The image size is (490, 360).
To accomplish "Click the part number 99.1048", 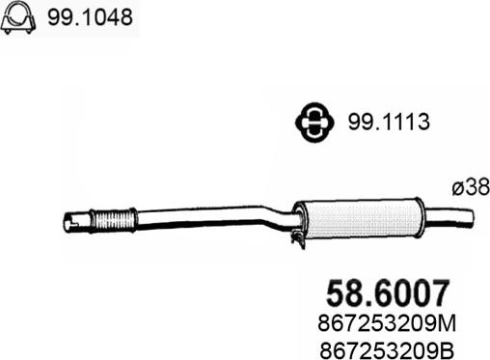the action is (x=90, y=17).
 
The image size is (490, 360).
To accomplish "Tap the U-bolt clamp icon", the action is (x=18, y=17).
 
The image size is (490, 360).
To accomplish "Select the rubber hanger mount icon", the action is (x=314, y=122).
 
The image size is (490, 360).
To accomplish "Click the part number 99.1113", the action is (x=389, y=122).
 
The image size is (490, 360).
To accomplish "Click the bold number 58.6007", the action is (x=387, y=293).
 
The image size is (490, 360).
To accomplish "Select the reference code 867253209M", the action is (x=387, y=323).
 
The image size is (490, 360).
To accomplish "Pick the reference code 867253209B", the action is (x=386, y=349).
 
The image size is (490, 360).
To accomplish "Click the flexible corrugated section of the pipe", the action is (x=113, y=220).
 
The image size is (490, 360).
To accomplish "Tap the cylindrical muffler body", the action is (x=359, y=219).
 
